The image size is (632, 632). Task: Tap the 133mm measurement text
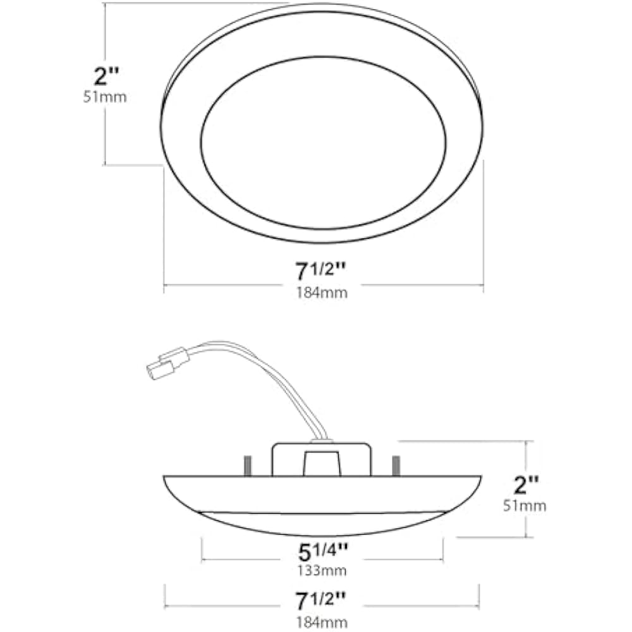(x=322, y=571)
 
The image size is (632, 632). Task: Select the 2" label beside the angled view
(x=106, y=76)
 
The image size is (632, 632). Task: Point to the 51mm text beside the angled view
(x=105, y=97)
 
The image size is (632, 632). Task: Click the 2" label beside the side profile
(x=526, y=485)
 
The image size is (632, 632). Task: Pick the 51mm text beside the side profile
(x=525, y=506)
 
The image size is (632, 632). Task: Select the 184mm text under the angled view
(x=322, y=293)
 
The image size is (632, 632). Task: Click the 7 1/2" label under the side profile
(x=321, y=601)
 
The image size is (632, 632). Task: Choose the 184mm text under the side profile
(x=322, y=623)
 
